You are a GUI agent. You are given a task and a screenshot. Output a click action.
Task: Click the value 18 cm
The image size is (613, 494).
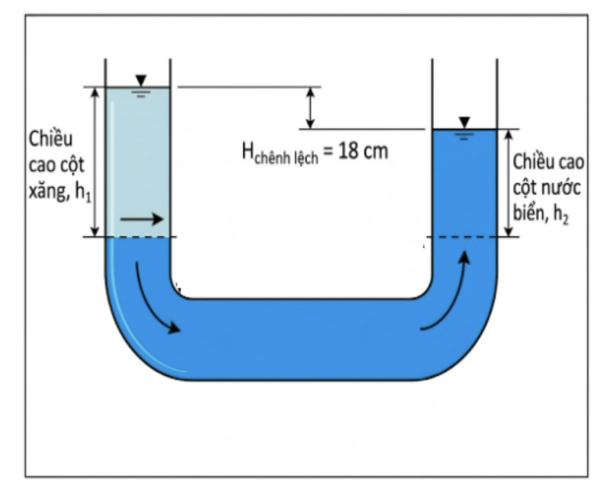coord(363,151)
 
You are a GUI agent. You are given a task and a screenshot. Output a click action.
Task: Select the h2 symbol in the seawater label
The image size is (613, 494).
coord(560,214)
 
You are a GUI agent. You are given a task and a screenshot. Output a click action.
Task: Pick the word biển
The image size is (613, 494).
coord(531,213)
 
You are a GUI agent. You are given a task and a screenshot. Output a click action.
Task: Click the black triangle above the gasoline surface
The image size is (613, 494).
coord(141,80)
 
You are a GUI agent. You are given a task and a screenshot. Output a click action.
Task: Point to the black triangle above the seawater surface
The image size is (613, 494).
coord(464,122)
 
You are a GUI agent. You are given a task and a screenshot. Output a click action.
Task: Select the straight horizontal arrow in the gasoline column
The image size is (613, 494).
coord(142,219)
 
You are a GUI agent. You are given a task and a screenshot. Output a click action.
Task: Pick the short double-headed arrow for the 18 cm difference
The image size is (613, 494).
coord(310,107)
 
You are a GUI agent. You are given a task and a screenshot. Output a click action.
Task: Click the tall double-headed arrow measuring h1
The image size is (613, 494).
coord(95,162)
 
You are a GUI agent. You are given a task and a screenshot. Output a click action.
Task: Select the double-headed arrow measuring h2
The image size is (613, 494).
coord(509,183)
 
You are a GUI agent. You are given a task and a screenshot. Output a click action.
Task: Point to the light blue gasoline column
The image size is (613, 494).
coord(137,162)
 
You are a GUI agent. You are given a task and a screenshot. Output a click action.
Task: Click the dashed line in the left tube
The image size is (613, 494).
coord(137,237)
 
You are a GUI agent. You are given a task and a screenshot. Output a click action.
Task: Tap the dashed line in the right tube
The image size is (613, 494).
coord(464,237)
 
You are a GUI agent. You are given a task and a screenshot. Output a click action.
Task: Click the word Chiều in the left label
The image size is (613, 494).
coord(51,139)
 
